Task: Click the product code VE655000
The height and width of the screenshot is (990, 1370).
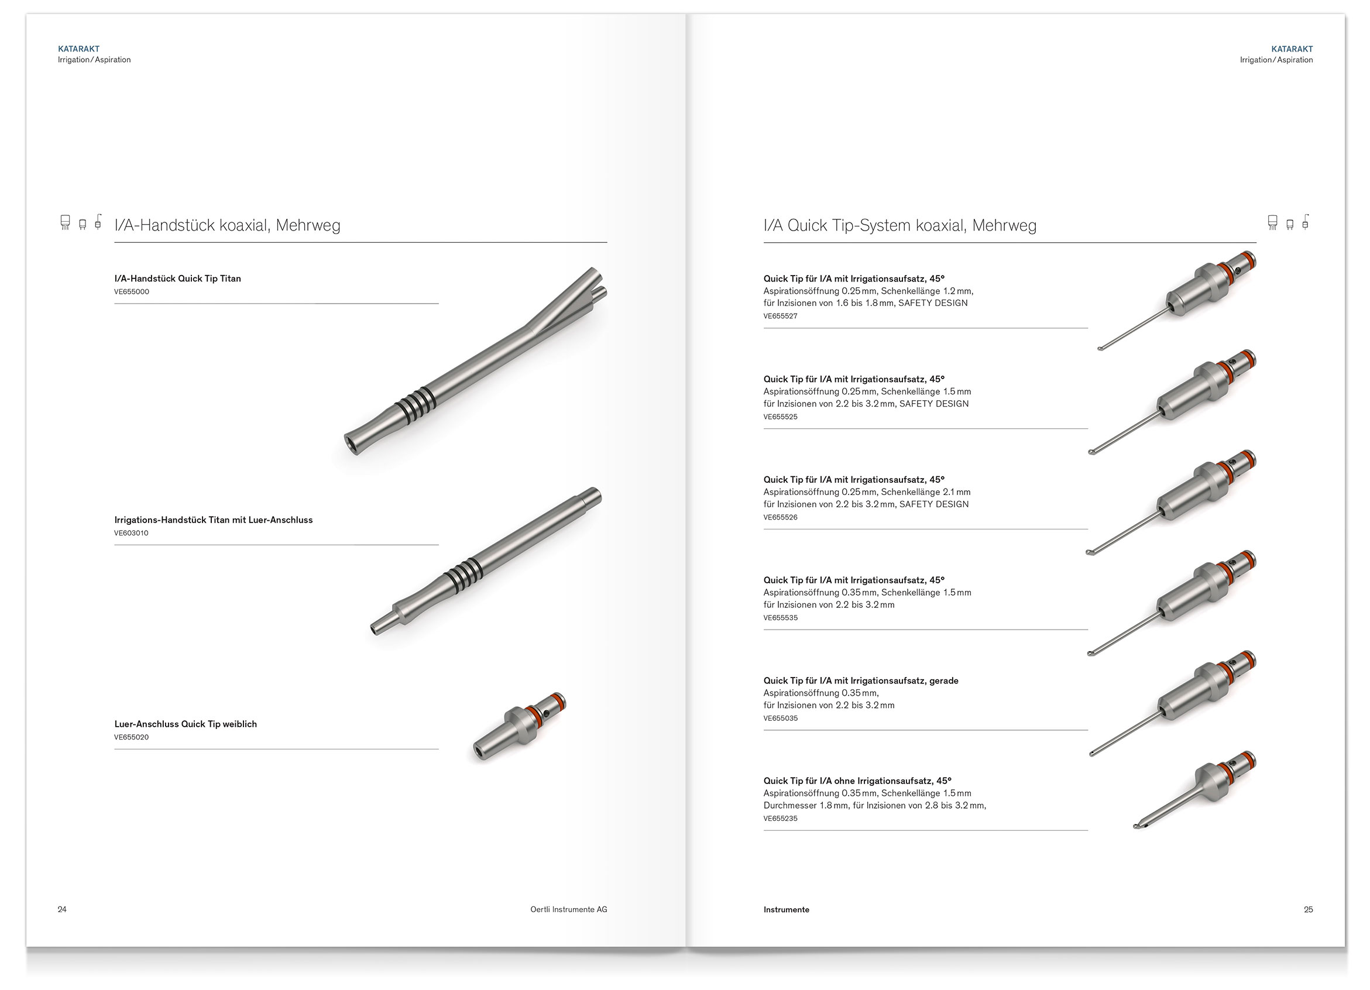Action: click(132, 292)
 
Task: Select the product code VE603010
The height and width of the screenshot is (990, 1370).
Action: click(131, 534)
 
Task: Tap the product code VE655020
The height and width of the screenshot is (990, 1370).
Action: click(131, 737)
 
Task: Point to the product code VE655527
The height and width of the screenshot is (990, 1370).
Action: click(781, 317)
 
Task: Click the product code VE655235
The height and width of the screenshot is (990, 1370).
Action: click(781, 819)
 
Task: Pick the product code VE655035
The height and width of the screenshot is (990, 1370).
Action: click(781, 719)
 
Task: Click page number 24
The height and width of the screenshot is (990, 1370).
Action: click(62, 910)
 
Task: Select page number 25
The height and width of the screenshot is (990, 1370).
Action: click(1309, 910)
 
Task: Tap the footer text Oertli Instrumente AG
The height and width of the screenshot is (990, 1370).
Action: click(568, 910)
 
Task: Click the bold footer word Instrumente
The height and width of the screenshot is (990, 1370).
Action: click(787, 910)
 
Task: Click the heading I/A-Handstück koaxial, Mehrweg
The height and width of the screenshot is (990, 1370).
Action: click(227, 225)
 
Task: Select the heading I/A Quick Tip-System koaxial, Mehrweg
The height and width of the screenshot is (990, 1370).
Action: click(900, 225)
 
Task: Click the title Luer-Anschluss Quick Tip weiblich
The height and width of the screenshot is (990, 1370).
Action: click(186, 724)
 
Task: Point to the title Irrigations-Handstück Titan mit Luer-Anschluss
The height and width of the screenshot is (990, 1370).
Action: click(213, 520)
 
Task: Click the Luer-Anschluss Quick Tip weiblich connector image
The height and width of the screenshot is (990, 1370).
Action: click(520, 727)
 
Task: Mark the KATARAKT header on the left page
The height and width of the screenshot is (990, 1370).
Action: click(78, 49)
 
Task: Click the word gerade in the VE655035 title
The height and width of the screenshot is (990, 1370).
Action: click(943, 680)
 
